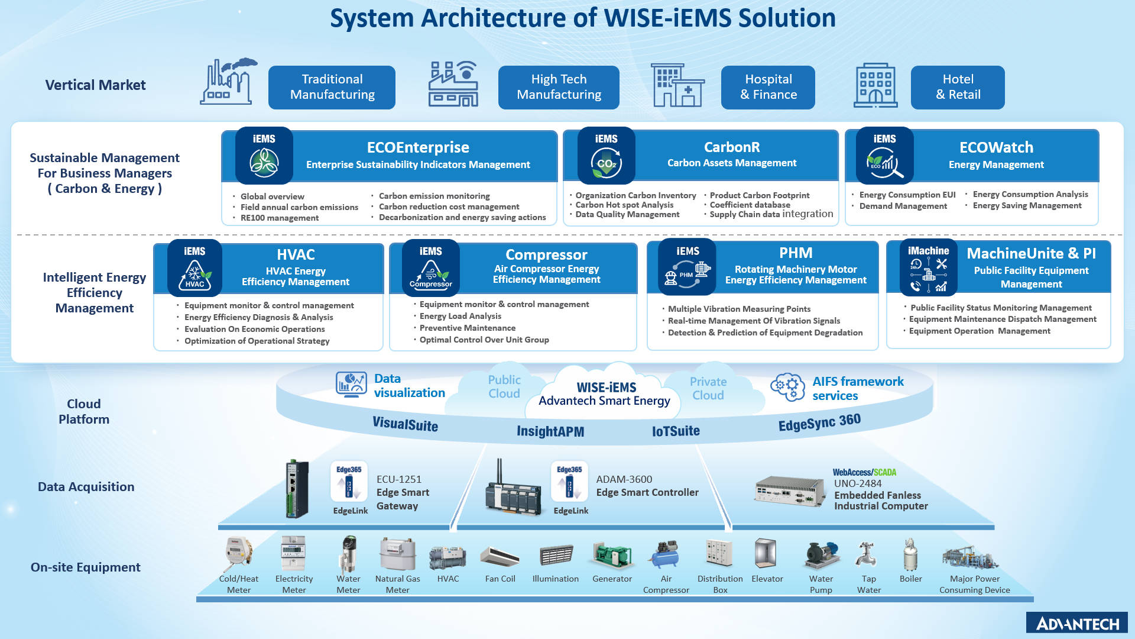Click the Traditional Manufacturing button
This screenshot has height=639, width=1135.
coord(332,87)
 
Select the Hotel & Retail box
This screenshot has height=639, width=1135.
coord(957,87)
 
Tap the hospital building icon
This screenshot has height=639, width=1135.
coord(677,85)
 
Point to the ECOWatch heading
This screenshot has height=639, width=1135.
coord(996,147)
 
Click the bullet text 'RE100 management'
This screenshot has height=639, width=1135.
coord(279,218)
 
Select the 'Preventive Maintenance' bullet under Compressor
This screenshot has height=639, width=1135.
coord(467,328)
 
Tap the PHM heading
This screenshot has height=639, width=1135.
coord(795,253)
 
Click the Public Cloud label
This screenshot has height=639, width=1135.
coord(504,386)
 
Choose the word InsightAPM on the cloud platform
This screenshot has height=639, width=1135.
coord(550,431)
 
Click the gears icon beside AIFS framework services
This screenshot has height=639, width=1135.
coord(787,387)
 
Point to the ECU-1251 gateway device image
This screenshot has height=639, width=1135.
coord(297,489)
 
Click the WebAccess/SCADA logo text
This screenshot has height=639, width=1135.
coord(864,472)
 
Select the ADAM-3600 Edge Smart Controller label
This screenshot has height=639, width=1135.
coord(647,486)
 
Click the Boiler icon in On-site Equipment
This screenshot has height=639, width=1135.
coord(910,555)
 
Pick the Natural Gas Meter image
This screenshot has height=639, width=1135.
coord(397,554)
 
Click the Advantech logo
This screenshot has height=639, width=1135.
coord(1077,623)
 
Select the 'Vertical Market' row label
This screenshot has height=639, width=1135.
coord(95,85)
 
